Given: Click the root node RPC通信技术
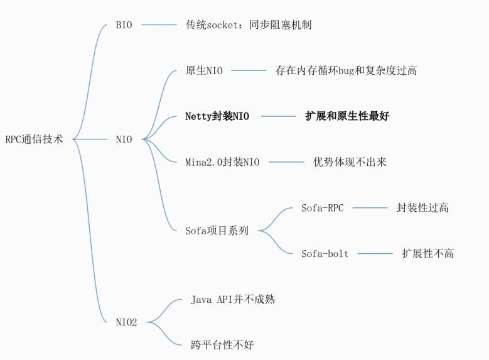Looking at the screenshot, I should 34,139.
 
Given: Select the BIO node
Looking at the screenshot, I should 124,25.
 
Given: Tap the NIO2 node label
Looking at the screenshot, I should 126,322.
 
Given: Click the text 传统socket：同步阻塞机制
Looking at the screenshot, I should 249,25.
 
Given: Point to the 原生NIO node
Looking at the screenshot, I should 204,70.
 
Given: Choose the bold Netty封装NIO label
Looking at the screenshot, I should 217,116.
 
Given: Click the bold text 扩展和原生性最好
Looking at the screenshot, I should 347,116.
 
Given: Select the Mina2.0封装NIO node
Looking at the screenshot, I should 222,162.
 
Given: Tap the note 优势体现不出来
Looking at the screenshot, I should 350,162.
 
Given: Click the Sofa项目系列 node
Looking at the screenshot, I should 217,231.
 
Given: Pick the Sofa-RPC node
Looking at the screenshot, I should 322,208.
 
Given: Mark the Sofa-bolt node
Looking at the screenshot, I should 325,254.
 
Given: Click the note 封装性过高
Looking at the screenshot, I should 422,208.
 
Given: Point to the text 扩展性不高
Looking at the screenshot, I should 427,254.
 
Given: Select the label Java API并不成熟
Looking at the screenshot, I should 233,300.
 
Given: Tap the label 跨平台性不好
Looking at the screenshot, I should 222,345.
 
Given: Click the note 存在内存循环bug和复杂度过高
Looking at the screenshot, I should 346,70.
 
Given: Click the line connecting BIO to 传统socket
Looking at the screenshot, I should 159,25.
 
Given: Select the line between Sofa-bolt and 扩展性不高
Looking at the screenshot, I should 375,254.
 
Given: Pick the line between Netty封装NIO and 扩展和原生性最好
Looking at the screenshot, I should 278,116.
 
